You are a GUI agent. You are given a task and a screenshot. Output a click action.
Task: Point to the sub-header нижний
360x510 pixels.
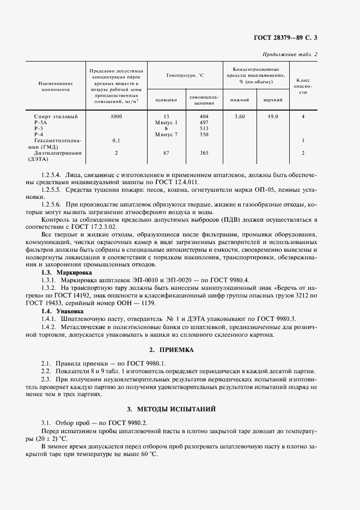click(240, 100)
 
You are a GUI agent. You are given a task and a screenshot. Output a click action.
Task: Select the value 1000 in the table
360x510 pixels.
click(116, 117)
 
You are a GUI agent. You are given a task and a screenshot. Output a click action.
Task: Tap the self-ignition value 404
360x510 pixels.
click(204, 117)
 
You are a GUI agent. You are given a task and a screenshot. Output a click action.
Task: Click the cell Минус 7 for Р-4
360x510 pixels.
click(167, 134)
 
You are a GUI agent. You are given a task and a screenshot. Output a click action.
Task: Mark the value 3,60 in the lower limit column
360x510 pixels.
click(240, 117)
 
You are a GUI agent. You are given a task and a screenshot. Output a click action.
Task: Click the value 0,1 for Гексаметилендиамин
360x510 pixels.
click(116, 140)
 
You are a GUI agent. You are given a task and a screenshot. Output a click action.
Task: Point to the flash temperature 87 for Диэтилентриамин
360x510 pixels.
click(167, 154)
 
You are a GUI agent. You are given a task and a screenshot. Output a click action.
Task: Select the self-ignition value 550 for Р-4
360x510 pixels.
click(204, 134)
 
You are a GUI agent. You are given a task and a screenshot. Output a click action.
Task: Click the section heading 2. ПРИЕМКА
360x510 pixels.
click(179, 349)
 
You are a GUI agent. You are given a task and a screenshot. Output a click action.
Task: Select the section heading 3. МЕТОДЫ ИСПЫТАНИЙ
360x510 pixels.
click(179, 408)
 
